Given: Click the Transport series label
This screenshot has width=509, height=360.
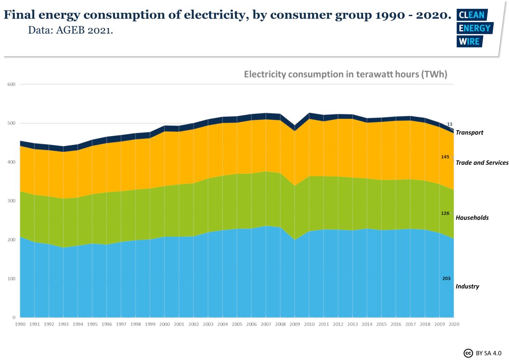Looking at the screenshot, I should coord(469,132).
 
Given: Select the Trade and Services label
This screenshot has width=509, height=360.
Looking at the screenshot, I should coord(482,163).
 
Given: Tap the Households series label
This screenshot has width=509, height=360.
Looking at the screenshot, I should coord(472,218).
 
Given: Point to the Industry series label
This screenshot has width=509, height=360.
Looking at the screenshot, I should coord(467,287).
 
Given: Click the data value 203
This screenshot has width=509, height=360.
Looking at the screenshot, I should coord(446,278).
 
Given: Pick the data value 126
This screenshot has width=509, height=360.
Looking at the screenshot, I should coord(445,213).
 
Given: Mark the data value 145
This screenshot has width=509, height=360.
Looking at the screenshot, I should coord(445,157).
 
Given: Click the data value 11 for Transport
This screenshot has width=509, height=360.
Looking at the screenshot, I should coord(450,124).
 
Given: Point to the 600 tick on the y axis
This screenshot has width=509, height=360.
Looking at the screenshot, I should coord(11,84).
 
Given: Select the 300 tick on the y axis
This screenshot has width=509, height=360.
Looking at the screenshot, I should coord(11,201).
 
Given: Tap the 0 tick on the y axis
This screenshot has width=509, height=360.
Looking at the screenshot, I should coord(14,318).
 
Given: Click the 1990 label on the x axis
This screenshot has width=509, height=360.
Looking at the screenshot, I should coord(20,324).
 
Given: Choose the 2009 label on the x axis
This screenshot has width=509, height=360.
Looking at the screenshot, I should coord(295,324).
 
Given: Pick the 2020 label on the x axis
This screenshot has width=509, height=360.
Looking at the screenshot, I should coord(454,324).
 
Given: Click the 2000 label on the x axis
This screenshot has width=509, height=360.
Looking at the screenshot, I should coord(165,324).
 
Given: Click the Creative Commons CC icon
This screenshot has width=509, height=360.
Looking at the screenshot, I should coord(468,353).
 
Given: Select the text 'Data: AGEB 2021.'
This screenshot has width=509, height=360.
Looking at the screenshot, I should coord(70,31).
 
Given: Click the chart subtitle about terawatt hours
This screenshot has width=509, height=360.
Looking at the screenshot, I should coord(345,74).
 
